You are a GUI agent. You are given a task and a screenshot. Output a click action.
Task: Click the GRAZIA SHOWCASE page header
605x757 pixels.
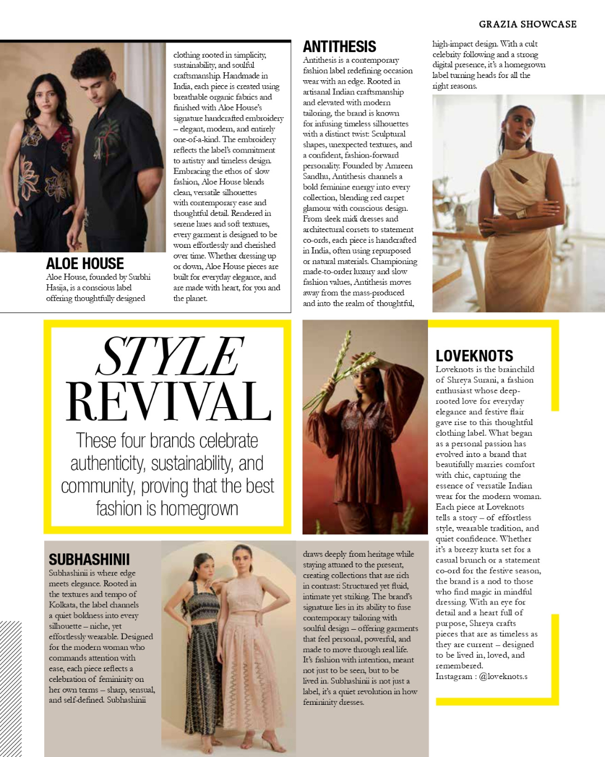[x=527, y=24]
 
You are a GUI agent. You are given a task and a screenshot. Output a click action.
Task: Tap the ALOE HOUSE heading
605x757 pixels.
[x=85, y=264]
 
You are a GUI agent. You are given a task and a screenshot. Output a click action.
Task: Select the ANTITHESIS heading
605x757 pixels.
[x=339, y=47]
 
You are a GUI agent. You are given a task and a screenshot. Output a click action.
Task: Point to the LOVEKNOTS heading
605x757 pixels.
[x=474, y=356]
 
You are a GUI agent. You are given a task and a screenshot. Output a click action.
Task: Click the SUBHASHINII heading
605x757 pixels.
[x=89, y=560]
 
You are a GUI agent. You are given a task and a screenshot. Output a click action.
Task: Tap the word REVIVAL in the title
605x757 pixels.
[x=169, y=401]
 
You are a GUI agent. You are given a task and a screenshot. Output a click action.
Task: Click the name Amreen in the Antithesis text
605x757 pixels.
[x=398, y=166]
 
